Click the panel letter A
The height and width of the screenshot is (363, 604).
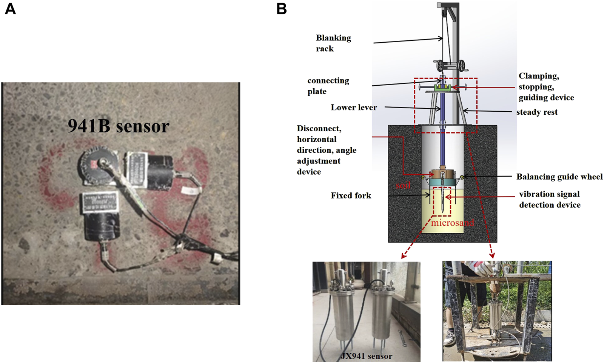tap(10, 8)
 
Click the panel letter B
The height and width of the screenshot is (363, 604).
tap(282, 8)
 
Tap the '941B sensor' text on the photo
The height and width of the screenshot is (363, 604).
tap(119, 126)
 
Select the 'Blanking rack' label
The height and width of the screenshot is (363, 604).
tap(333, 43)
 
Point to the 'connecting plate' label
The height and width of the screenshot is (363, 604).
tap(328, 86)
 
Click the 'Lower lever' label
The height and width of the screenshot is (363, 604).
tap(354, 108)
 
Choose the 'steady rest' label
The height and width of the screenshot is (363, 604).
tap(536, 112)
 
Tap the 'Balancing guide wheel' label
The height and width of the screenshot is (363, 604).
tap(559, 177)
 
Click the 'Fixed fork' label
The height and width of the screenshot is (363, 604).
tap(351, 195)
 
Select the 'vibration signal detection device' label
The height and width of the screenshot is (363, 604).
tap(549, 199)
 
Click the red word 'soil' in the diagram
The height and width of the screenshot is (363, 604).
tap(403, 185)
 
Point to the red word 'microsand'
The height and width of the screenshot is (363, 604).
tap(452, 223)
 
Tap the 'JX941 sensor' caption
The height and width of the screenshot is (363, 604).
tap(366, 356)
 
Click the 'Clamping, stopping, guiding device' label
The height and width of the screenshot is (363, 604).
tap(545, 87)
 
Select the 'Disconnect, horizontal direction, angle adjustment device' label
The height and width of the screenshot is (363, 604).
tap(326, 150)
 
